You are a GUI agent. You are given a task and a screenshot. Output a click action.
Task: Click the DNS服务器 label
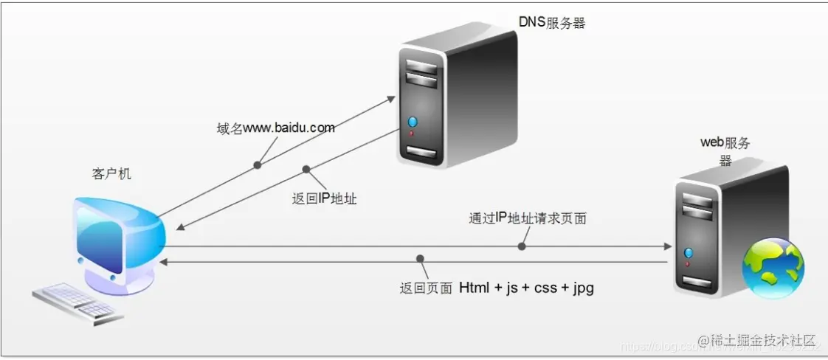click(552, 23)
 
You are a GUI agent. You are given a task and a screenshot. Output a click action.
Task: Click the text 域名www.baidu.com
click(271, 128)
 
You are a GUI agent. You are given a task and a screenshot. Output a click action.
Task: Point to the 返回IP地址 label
click(325, 198)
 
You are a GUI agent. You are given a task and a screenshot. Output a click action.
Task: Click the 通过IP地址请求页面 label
click(528, 218)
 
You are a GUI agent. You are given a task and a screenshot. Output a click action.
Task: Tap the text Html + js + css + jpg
click(526, 288)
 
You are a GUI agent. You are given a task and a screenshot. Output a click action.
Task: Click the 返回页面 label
click(425, 288)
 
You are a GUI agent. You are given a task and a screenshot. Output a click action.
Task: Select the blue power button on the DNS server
click(412, 121)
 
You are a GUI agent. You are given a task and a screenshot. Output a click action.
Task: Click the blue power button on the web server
click(688, 250)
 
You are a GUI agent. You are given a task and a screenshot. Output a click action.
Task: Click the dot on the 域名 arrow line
click(258, 165)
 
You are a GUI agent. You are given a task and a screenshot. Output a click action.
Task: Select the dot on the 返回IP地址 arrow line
click(306, 169)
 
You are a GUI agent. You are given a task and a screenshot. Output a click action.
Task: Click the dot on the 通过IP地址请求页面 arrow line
click(522, 246)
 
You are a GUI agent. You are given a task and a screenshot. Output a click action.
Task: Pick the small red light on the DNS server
click(412, 134)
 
